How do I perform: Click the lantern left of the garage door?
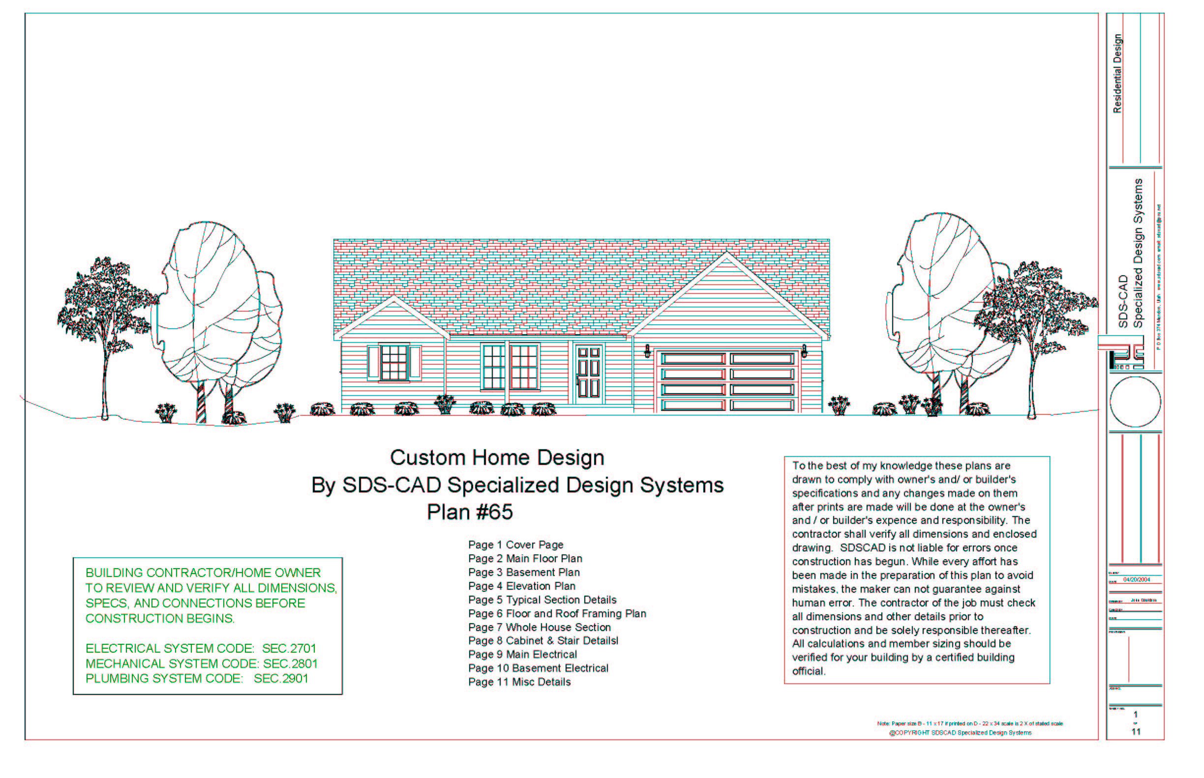[x=647, y=350]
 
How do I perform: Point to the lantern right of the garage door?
[x=804, y=350]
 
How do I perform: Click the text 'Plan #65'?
[x=470, y=512]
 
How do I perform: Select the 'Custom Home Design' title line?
[x=497, y=458]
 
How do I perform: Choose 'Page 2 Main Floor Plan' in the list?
[x=525, y=559]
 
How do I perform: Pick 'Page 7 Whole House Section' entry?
[x=540, y=628]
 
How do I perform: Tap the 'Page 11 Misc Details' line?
[x=519, y=682]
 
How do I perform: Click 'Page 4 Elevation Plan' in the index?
[x=522, y=586]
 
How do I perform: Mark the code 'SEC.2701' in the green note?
[x=289, y=649]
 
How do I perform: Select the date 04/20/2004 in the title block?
[x=1136, y=580]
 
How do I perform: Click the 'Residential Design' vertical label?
[x=1117, y=74]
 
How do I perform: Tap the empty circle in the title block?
[x=1135, y=402]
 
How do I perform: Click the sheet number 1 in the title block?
[x=1136, y=714]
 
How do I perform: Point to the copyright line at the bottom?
[x=960, y=732]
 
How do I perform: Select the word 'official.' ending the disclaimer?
[x=808, y=671]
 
